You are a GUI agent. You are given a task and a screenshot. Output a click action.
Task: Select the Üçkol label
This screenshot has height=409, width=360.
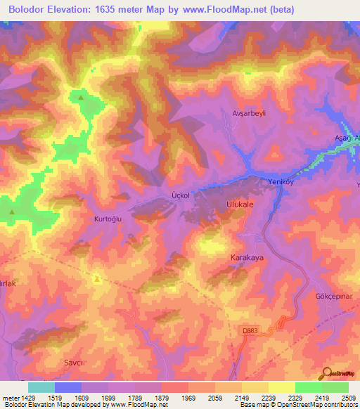(181, 195)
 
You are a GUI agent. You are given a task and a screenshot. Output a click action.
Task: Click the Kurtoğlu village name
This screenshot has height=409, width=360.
(108, 219)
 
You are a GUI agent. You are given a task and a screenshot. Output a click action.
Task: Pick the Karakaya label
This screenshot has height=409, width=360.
(247, 258)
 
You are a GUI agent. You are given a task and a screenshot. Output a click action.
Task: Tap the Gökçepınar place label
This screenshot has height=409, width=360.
(333, 297)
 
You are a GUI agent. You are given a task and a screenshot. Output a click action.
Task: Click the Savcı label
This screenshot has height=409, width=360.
(74, 362)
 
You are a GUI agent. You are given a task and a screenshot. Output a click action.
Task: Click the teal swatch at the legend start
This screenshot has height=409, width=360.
(41, 387)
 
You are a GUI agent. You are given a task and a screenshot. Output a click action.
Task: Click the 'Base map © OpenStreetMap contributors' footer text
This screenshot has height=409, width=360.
(298, 405)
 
